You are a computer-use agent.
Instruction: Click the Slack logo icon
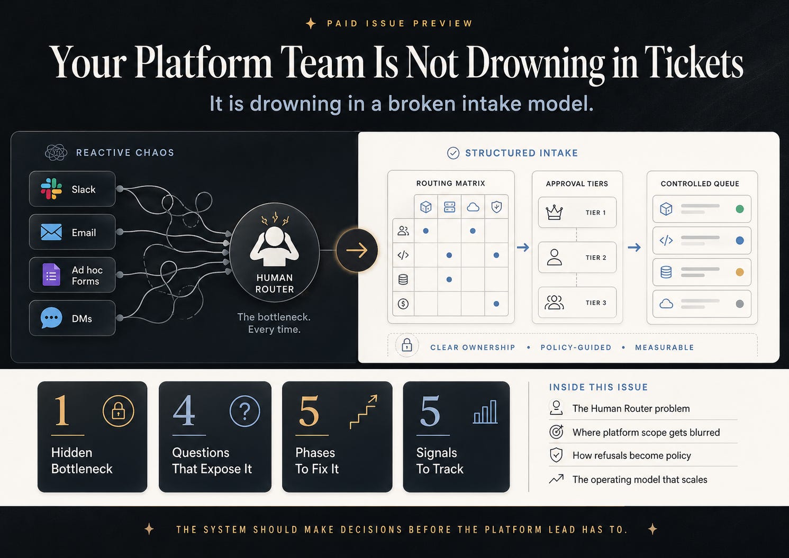(51, 189)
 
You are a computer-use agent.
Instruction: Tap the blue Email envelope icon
(51, 232)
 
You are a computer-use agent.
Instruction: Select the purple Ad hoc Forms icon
(51, 275)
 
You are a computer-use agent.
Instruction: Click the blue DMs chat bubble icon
(51, 318)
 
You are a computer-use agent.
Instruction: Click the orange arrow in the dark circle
(357, 250)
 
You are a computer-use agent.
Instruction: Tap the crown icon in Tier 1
(554, 212)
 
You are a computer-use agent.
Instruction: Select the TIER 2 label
(596, 258)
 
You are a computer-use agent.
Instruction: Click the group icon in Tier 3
(554, 303)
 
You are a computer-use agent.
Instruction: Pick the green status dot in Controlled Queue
(740, 209)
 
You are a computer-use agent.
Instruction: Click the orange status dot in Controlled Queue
(740, 272)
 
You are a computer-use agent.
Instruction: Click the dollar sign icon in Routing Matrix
(403, 304)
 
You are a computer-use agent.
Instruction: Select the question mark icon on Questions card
(245, 411)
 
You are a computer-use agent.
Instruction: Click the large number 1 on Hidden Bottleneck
(61, 411)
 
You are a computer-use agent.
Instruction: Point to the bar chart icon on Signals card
(485, 412)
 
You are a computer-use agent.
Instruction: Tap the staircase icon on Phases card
(364, 411)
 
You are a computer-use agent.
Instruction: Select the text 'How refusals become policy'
(632, 455)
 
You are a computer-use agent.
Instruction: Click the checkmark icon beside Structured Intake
(454, 153)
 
